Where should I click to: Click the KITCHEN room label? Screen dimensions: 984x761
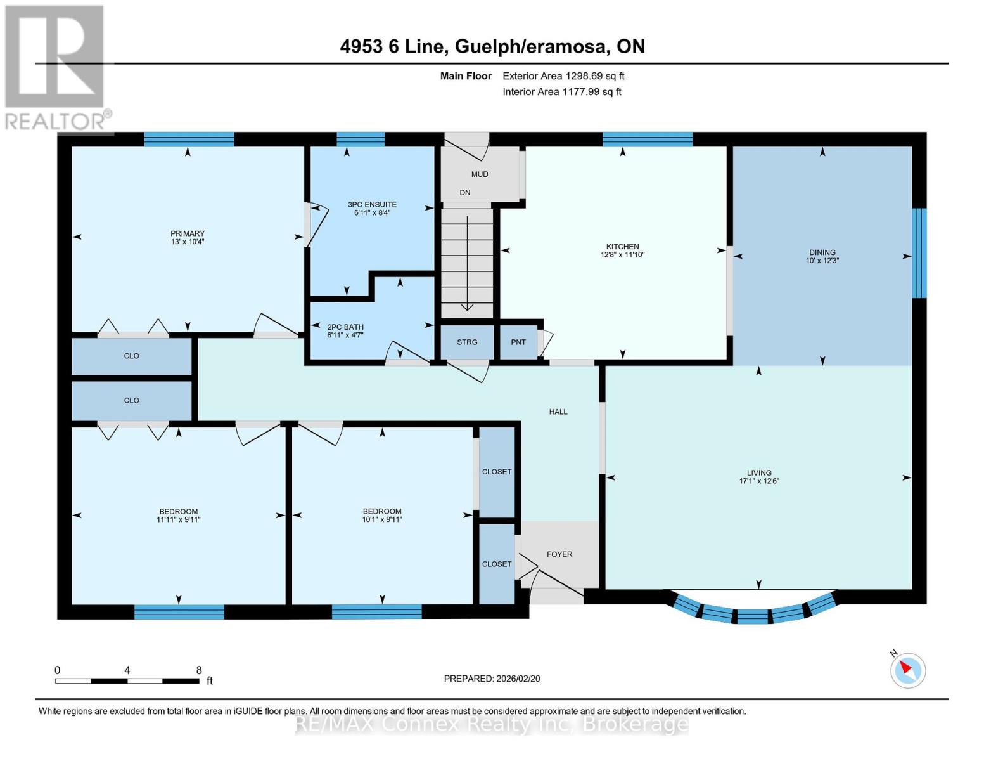tap(622, 247)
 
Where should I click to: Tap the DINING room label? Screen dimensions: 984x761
tap(822, 252)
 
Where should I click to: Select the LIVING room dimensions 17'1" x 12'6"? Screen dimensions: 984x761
tap(759, 481)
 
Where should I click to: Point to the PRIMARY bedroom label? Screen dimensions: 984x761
tap(188, 233)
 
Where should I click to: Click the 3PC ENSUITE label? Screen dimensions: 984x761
tap(372, 204)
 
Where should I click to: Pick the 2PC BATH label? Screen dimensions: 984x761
tap(345, 327)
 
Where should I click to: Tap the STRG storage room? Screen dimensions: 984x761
tap(467, 342)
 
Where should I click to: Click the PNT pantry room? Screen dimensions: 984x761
tap(518, 342)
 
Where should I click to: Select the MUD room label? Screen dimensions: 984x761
tap(479, 174)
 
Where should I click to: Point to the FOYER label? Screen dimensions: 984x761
tap(559, 554)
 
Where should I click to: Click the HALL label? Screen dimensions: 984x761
tap(558, 412)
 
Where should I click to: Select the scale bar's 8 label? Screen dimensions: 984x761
tap(199, 670)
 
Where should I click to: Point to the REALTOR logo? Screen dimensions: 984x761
tap(56, 68)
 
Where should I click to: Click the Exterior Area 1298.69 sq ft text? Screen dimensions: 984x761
tap(563, 76)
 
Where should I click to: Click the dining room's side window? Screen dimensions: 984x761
tap(919, 253)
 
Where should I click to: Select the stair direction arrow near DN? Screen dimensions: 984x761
tap(467, 264)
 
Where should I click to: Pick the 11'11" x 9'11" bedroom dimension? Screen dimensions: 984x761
tap(179, 519)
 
